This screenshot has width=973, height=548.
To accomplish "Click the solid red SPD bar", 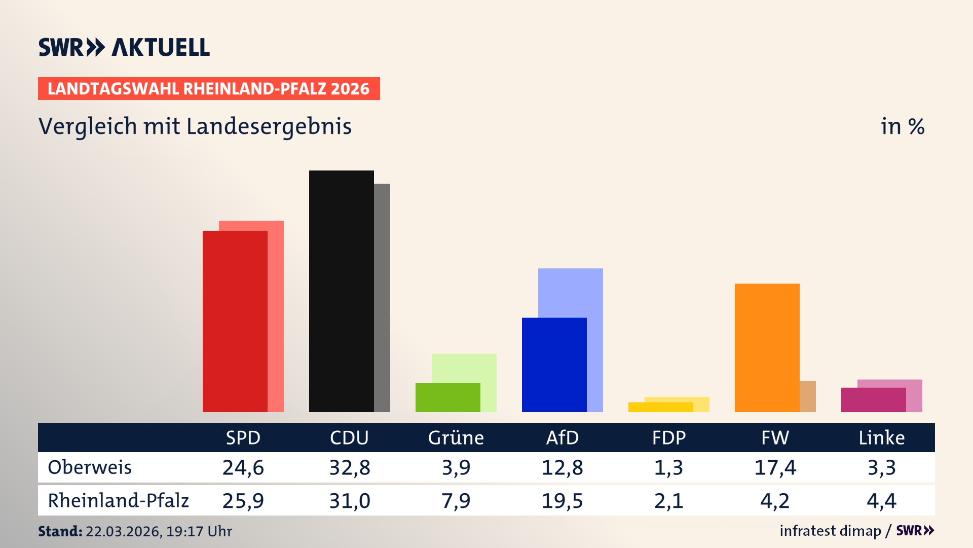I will [235, 321].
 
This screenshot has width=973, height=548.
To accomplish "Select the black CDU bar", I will [341, 291].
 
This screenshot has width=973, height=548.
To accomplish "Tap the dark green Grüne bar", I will [447, 397].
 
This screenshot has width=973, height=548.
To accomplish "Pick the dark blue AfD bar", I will [554, 364].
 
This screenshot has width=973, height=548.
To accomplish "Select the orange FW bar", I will [767, 348].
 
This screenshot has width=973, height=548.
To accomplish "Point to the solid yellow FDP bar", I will [660, 407].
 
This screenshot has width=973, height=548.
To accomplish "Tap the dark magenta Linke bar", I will [873, 400].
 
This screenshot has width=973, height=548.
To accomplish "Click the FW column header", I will [775, 437].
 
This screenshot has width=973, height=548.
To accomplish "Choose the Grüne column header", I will [456, 437].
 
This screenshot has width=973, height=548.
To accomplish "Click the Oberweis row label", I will [90, 467].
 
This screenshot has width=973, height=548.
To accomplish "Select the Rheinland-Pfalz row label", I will [118, 501].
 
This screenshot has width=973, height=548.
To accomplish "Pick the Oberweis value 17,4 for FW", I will [775, 467].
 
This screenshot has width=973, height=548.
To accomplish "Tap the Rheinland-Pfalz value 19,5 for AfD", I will [562, 501].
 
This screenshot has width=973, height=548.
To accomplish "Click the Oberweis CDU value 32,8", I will [350, 467].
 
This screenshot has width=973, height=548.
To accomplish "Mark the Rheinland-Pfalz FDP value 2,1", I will [668, 501].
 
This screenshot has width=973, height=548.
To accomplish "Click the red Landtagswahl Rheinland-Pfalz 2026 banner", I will [209, 89].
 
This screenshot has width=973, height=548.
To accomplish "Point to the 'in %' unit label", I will [902, 126].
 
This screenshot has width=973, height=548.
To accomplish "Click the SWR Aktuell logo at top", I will [124, 47].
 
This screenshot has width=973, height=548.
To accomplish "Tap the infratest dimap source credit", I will [830, 531].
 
